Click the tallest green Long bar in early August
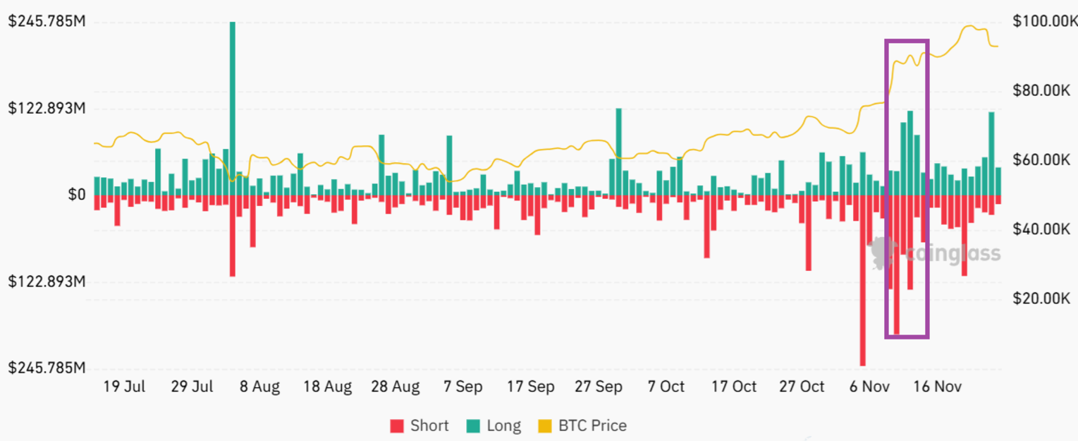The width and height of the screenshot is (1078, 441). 232,106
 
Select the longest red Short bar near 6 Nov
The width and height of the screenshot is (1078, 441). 862,282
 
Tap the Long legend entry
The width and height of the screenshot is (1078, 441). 494,425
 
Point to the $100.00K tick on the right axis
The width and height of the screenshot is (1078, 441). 1041,22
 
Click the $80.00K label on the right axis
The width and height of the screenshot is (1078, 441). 1041,90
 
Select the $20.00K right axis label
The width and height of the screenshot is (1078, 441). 1041,298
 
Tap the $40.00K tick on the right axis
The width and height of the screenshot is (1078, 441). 1041,229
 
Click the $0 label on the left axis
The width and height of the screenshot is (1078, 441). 77,195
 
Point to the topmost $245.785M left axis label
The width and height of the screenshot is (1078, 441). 47,22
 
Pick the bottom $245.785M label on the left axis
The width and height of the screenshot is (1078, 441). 47,368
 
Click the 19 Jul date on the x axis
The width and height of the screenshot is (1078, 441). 124,387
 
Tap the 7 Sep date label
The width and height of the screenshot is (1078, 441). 463,387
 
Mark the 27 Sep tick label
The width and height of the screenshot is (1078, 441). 598,387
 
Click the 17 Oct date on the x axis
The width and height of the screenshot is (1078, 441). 733,387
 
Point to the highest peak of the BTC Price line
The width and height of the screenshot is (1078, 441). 971,27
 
